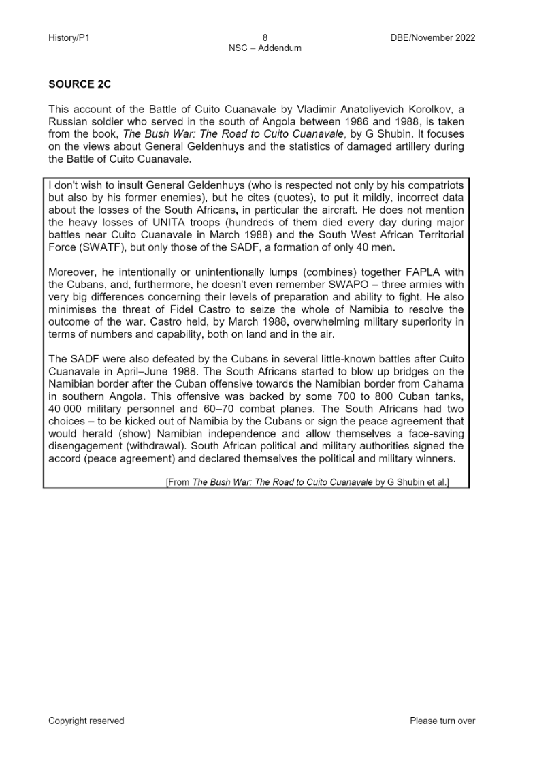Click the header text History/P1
[69, 38]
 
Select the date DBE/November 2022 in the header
[429, 38]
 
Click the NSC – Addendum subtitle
[265, 48]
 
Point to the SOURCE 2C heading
[80, 85]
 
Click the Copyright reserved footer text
[86, 721]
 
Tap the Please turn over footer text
[442, 721]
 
